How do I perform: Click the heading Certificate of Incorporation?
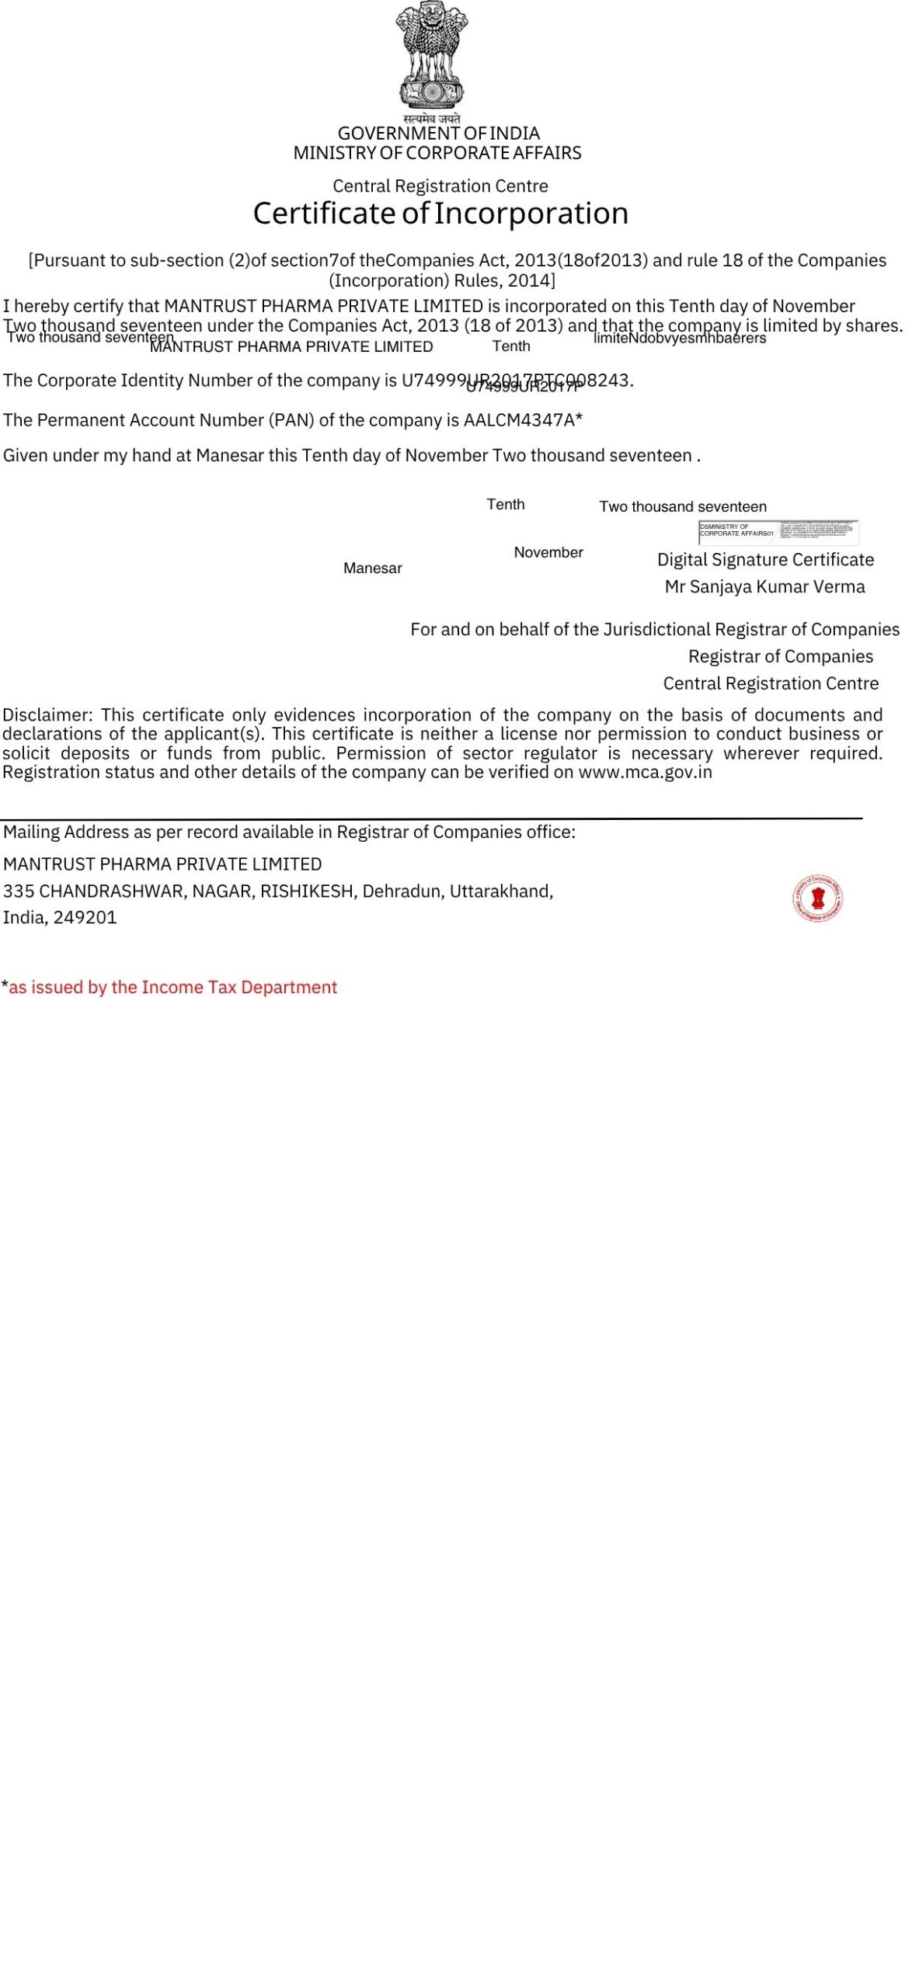pos(440,214)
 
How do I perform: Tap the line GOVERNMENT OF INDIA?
pos(438,134)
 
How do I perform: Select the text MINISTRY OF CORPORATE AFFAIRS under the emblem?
pos(437,153)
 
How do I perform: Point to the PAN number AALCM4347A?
pos(519,420)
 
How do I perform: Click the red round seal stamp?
pos(817,898)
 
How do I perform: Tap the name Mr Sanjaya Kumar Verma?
pos(764,587)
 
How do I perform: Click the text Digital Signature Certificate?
pos(765,560)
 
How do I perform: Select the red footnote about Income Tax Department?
pos(172,987)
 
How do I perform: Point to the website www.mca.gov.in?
pos(645,772)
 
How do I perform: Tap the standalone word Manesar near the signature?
pos(373,568)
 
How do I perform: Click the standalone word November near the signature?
pos(548,552)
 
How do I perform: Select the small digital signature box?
pos(778,532)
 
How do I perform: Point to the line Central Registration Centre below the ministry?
pos(440,186)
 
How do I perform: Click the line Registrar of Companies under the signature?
pos(780,656)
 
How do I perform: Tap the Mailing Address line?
pos(289,832)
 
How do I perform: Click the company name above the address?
pos(162,864)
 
